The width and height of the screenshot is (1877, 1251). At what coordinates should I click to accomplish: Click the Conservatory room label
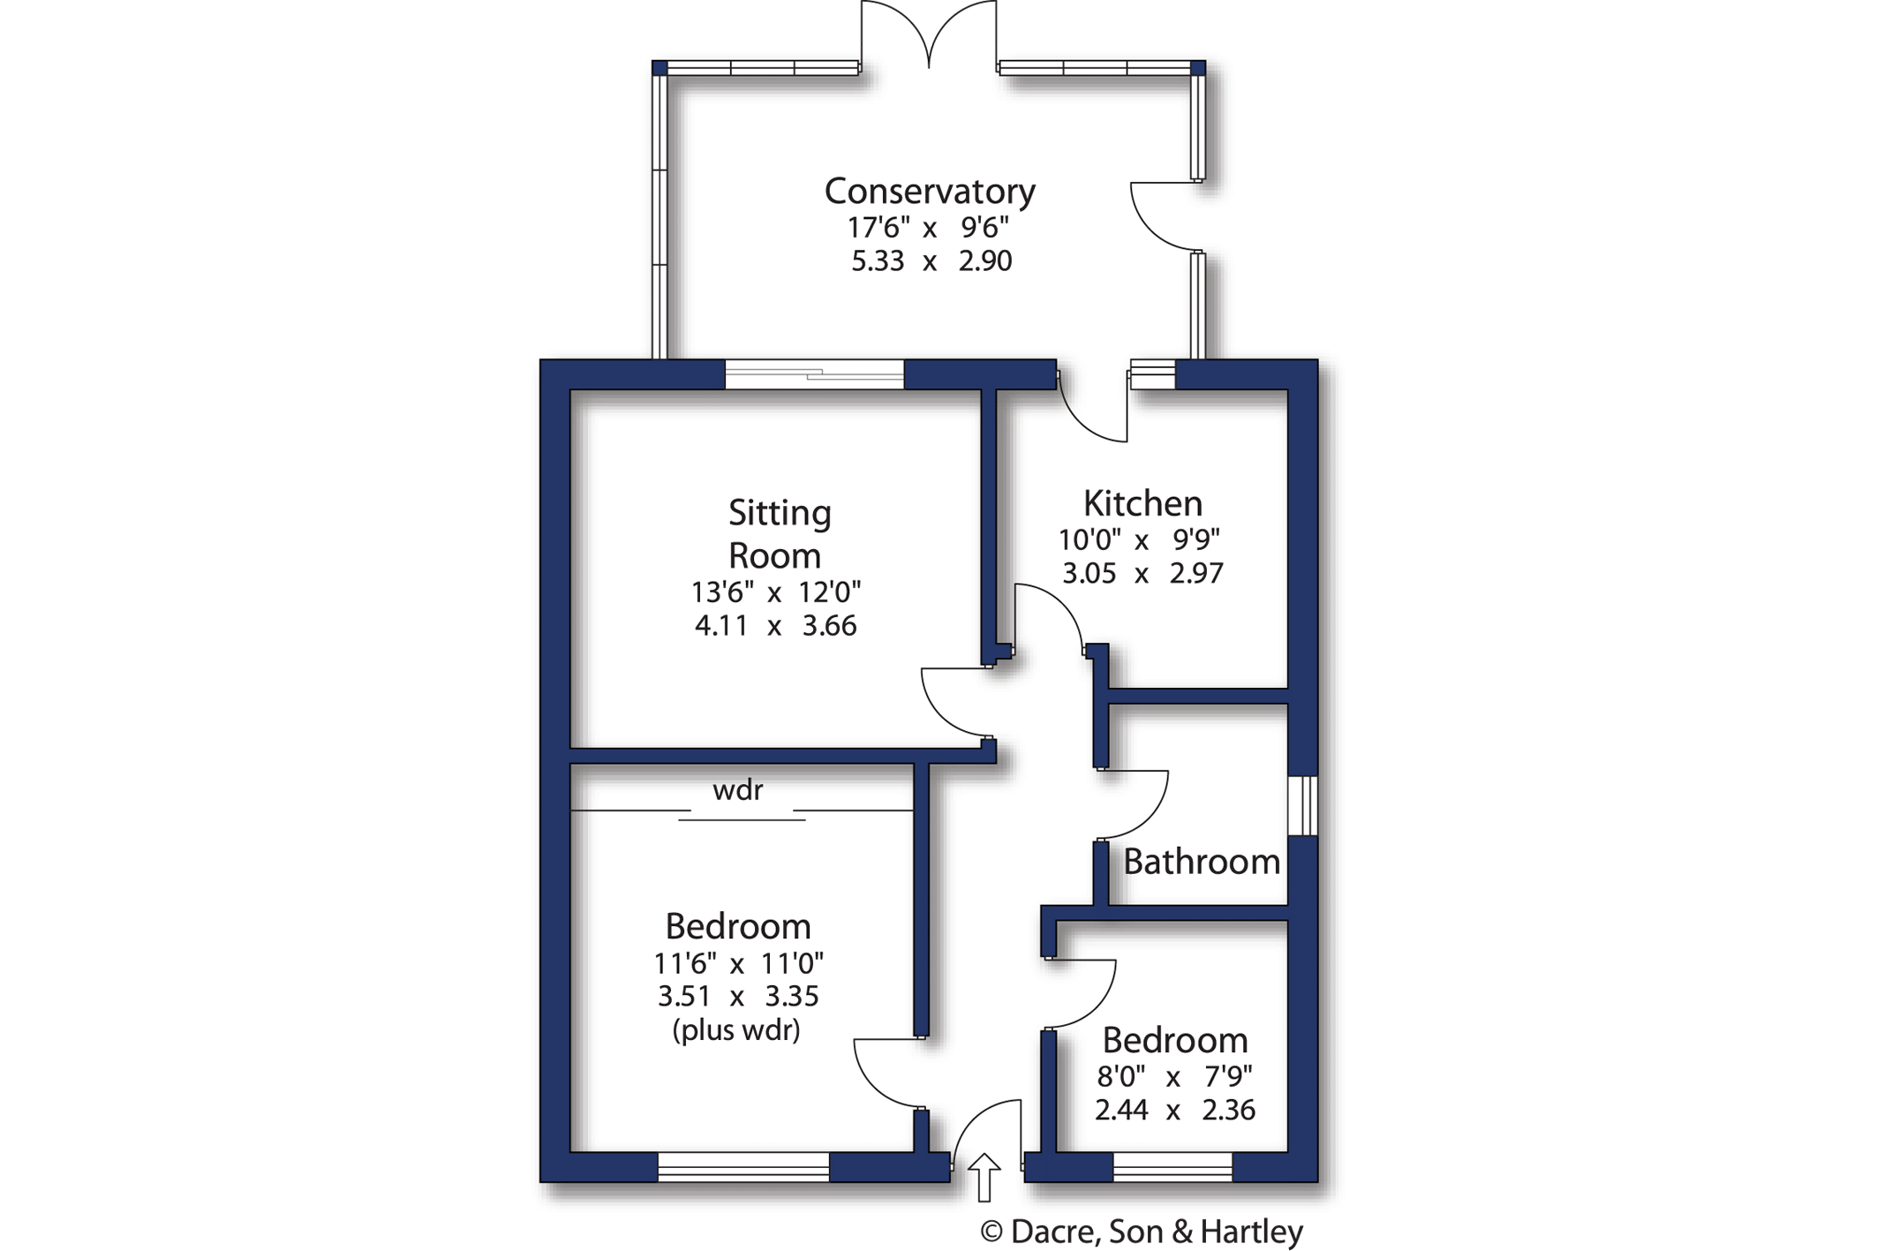929,191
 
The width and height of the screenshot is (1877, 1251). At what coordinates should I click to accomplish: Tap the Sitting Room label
778,533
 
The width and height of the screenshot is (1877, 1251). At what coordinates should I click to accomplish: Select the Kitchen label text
1142,503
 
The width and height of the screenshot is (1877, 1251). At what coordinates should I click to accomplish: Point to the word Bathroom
1201,862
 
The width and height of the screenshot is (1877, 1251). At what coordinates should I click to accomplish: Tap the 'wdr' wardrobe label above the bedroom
737,790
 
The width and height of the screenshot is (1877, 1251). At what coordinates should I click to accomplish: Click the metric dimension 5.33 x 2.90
931,261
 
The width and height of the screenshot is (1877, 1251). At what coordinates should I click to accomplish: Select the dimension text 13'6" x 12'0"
775,592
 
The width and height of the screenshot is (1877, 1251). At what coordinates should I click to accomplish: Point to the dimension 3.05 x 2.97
1142,574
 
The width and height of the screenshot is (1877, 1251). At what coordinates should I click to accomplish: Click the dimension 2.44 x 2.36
1174,1110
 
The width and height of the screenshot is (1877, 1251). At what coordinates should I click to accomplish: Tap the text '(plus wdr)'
736,1030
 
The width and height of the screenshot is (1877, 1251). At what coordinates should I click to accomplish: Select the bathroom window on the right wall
1302,805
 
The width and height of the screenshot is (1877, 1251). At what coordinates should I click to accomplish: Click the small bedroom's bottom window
1172,1167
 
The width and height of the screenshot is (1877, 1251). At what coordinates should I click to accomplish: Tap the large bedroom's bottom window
743,1167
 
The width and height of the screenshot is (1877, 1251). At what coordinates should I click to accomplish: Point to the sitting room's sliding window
814,374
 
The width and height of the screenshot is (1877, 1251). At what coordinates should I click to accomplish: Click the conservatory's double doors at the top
929,35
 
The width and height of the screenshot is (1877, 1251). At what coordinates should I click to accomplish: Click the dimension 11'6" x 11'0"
738,962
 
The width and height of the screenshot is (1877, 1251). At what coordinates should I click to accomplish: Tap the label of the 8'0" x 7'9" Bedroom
1174,1040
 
